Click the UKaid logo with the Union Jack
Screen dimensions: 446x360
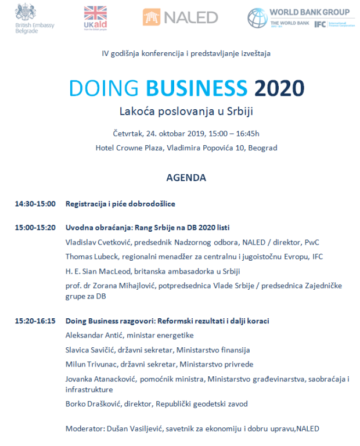point(95,17)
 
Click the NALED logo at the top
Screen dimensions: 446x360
point(180,17)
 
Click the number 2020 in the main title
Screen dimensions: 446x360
point(279,88)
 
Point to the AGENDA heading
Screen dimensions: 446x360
point(186,177)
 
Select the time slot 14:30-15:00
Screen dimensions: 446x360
point(35,204)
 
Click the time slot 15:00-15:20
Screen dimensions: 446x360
point(35,227)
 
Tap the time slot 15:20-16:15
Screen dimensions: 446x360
point(35,321)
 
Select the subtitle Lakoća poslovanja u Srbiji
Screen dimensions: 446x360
point(186,110)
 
